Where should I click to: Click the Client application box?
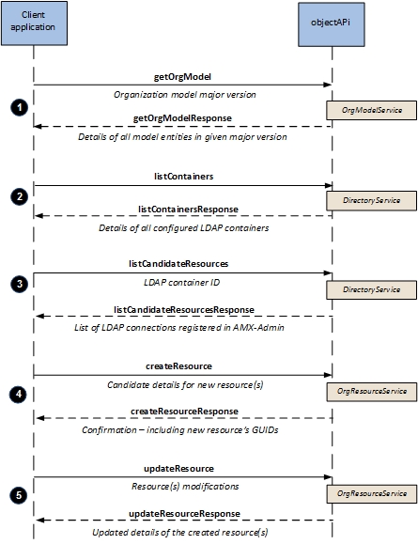pyautogui.click(x=34, y=23)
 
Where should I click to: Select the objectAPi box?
pyautogui.click(x=332, y=24)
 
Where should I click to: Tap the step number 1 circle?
pyautogui.click(x=20, y=107)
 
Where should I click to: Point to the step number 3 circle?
pyautogui.click(x=20, y=284)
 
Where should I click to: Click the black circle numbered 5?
pyautogui.click(x=19, y=495)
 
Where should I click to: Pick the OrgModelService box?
pyautogui.click(x=372, y=110)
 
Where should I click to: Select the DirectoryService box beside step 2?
pyautogui.click(x=372, y=200)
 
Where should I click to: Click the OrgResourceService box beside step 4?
pyautogui.click(x=372, y=392)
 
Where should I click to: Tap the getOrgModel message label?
pyautogui.click(x=182, y=77)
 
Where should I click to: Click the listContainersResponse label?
pyautogui.click(x=188, y=210)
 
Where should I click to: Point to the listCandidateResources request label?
pyautogui.click(x=178, y=264)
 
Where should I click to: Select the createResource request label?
pyautogui.click(x=178, y=366)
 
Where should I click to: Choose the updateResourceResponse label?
pyautogui.click(x=184, y=514)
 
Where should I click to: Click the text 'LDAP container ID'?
pyautogui.click(x=182, y=283)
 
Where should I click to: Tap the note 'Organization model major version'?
pyautogui.click(x=185, y=95)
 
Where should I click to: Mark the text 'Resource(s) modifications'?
pyautogui.click(x=185, y=487)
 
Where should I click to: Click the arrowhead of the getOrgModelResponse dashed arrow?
pyautogui.click(x=38, y=126)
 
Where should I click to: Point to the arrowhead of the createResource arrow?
pyautogui.click(x=328, y=375)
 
